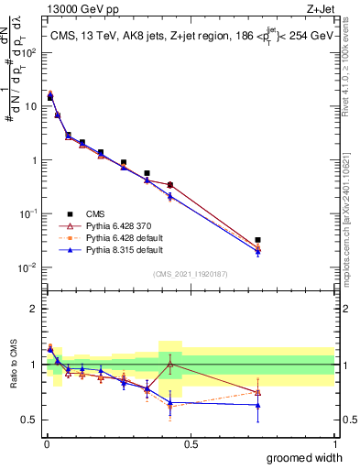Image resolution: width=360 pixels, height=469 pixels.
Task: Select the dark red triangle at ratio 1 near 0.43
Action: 170,364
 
